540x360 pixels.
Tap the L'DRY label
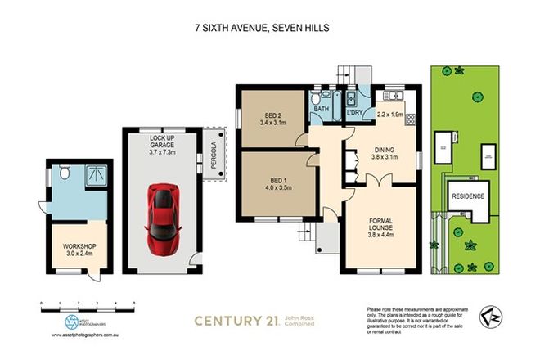click(x=355, y=111)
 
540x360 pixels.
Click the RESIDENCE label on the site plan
click(x=468, y=196)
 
